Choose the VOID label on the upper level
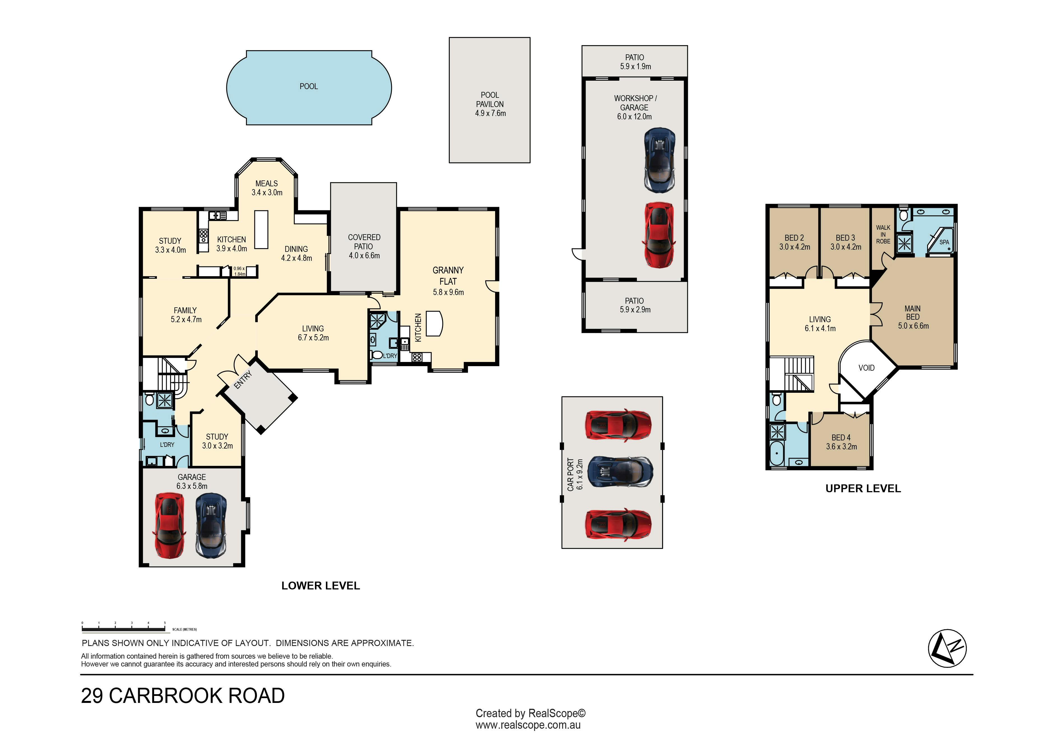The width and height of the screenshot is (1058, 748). click(866, 368)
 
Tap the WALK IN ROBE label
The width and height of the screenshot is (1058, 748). click(883, 234)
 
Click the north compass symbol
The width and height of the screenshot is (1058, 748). click(947, 649)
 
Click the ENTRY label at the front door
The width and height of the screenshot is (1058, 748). click(243, 380)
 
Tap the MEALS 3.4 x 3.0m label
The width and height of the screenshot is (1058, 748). click(267, 188)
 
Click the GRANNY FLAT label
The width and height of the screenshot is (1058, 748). click(448, 276)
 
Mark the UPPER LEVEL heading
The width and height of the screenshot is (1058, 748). click(863, 489)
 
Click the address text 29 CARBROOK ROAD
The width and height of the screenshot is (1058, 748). click(183, 696)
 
